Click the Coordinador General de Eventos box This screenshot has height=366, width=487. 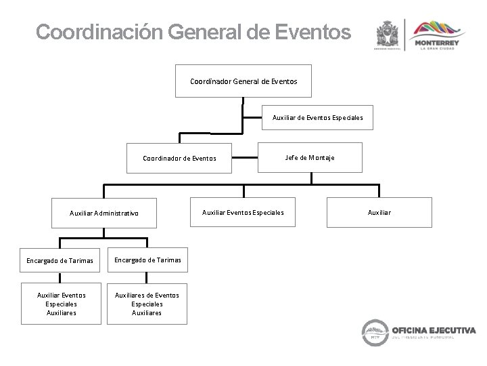tap(243, 81)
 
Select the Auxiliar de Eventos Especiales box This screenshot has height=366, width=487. tap(317, 117)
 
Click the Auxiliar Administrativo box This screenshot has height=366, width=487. tap(104, 213)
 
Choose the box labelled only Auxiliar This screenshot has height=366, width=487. tap(379, 212)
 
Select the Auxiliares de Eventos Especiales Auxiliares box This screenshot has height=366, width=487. tap(147, 304)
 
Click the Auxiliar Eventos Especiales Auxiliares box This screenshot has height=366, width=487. tap(61, 304)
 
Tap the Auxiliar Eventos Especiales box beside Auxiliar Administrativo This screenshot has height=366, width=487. tap(243, 212)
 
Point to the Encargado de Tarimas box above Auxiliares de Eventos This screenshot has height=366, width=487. tap(147, 259)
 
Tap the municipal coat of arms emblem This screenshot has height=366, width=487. tap(388, 34)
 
